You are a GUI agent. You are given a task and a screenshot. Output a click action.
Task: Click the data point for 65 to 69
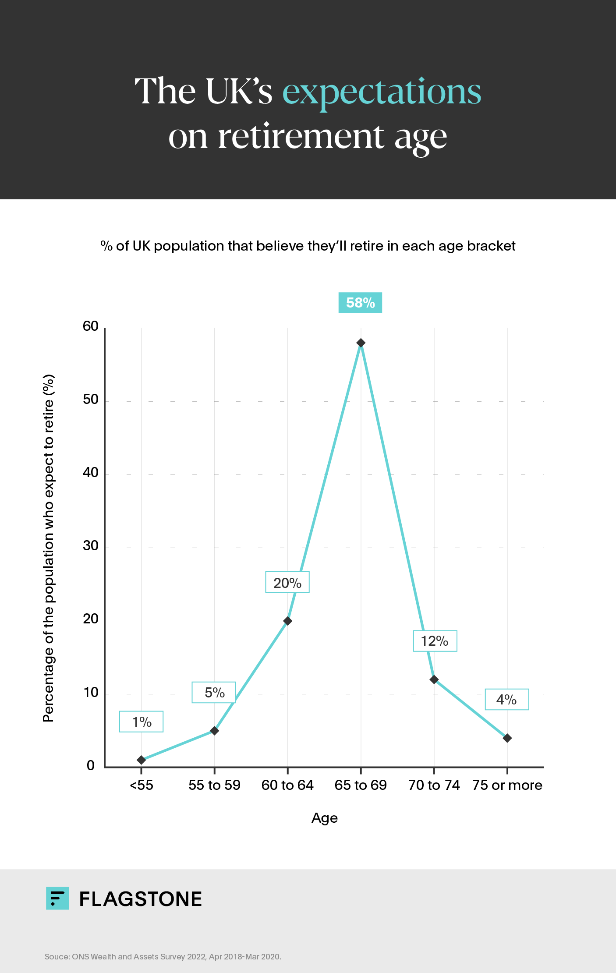pos(361,343)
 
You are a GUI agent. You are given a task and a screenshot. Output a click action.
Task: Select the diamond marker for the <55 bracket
pos(141,760)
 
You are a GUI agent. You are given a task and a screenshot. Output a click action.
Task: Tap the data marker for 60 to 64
pos(287,621)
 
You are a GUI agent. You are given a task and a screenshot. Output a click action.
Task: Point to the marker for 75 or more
pos(507,738)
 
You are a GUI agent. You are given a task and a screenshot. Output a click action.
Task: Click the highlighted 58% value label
pos(360,303)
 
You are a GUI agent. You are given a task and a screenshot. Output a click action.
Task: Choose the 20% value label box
pos(287,582)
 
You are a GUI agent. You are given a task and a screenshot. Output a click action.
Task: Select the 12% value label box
pos(435,641)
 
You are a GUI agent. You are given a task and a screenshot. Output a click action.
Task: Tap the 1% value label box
pos(142,722)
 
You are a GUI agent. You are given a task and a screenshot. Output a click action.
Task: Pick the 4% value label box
pos(506,700)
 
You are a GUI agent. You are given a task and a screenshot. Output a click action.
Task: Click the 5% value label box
pos(214,693)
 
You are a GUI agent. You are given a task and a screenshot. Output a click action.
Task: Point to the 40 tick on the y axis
pos(91,473)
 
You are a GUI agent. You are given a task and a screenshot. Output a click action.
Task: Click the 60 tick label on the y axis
pos(91,326)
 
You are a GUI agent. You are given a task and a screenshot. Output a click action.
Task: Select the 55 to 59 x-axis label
pos(214,785)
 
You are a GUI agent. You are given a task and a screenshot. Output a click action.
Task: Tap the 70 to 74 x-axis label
pos(434,785)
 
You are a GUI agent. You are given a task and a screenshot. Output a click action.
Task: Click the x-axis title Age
pos(324,818)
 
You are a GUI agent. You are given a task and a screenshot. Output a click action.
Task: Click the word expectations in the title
pos(382,92)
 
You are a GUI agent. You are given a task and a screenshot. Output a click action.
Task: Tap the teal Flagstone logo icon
pos(57,899)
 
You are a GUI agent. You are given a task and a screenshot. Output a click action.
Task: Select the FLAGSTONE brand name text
pos(140,899)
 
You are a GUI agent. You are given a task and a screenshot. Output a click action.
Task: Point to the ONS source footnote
pos(163,956)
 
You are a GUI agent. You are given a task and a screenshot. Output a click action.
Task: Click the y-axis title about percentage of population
pos(48,548)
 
